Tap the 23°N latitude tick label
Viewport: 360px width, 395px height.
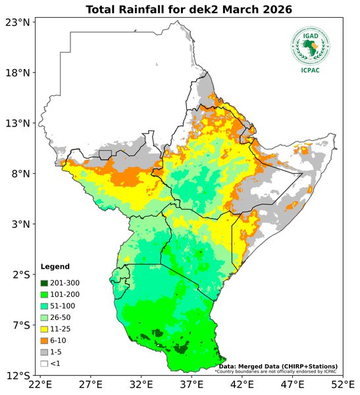(17, 22)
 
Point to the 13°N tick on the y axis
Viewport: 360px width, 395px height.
(17, 123)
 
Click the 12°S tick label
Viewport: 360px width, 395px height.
(17, 376)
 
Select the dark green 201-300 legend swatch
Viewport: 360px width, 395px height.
(45, 282)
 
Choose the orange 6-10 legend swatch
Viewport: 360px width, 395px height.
(45, 340)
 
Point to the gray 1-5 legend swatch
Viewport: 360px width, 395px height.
(45, 352)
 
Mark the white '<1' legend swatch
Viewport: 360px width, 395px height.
(45, 363)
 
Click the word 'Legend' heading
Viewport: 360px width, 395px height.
(54, 267)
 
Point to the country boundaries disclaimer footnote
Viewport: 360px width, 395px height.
(276, 371)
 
